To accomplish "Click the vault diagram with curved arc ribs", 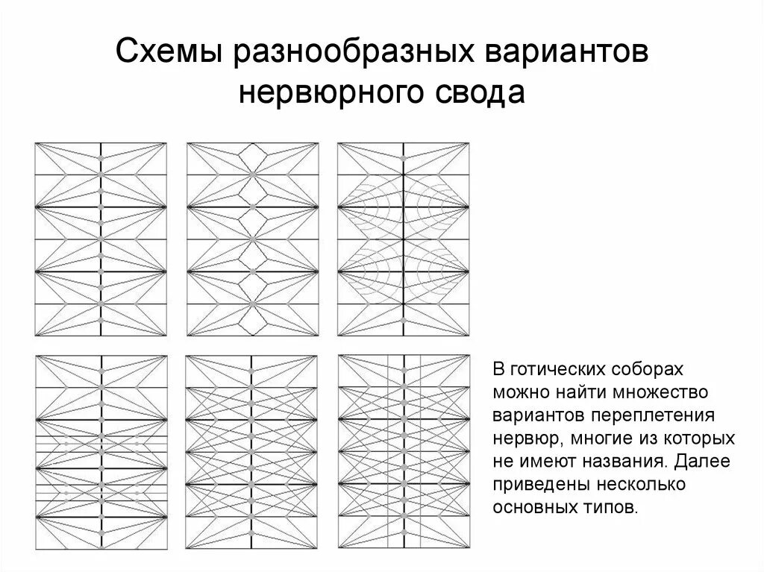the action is [404, 238].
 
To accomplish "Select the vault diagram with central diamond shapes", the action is [253, 238].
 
